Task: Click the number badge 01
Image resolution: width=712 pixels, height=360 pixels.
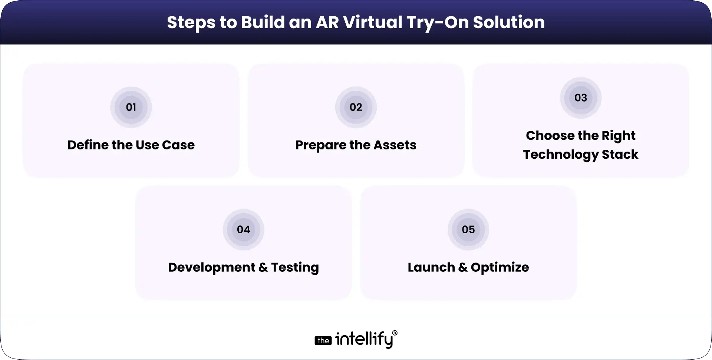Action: [x=131, y=107]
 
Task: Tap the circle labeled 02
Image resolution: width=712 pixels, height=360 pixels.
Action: [x=356, y=107]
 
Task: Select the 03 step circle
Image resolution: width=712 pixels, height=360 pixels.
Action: [x=580, y=98]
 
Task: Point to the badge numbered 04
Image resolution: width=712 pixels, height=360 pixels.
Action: [x=243, y=229]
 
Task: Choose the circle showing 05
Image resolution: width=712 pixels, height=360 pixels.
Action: [x=468, y=229]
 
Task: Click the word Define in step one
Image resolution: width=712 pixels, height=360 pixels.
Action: [x=88, y=145]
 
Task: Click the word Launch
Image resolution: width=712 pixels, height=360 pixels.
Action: [x=431, y=267]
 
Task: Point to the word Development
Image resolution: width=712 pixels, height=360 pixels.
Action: [x=211, y=267]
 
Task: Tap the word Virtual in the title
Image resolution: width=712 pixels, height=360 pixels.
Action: [x=373, y=22]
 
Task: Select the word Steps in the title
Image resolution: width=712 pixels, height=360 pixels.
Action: [x=191, y=22]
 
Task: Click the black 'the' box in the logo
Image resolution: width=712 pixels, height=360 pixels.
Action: [x=323, y=341]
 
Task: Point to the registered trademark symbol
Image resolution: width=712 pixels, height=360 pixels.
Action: [x=395, y=333]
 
